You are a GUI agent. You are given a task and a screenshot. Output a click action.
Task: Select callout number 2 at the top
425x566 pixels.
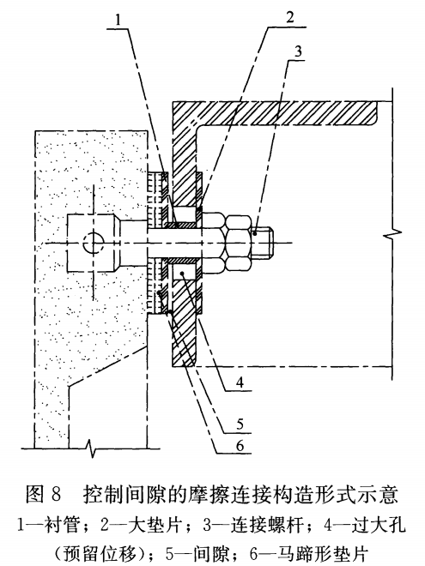point(290,17)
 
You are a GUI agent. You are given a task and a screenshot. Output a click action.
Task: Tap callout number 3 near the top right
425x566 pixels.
point(298,51)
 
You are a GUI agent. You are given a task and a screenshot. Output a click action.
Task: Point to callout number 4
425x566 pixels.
point(240,382)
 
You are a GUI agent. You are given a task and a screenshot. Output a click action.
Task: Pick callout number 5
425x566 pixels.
point(240,424)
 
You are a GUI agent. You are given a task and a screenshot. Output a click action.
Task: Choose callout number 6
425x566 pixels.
point(240,446)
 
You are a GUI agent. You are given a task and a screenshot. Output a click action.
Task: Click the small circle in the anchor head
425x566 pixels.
point(94,243)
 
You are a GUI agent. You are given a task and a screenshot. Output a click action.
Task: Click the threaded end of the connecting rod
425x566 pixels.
point(263,243)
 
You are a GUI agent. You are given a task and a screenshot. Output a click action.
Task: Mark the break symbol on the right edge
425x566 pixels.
point(392,234)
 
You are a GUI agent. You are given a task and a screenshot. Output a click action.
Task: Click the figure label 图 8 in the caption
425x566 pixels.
point(44,494)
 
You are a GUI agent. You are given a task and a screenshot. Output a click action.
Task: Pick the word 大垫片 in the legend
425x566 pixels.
point(155,525)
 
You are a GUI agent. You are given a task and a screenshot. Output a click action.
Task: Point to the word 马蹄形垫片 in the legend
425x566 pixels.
point(323,553)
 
